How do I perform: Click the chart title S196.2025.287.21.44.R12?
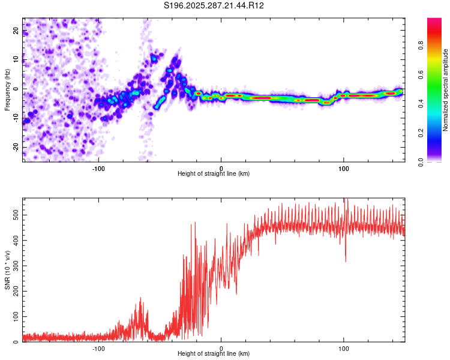pos(214,5)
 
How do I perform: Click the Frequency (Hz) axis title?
pos(7,90)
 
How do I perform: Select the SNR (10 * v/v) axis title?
pos(7,270)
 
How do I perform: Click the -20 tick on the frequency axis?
pos(15,147)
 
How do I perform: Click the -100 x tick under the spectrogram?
pos(99,167)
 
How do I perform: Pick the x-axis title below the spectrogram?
pos(214,173)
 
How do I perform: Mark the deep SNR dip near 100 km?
pos(345,261)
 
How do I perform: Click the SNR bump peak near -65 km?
pos(140,298)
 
